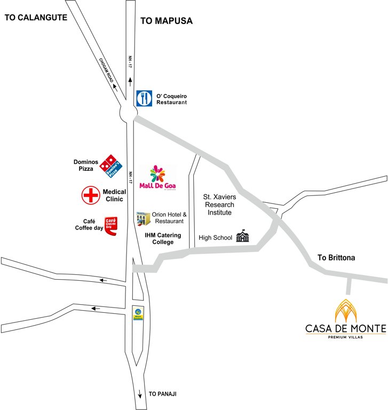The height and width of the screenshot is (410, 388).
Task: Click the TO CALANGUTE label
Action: click(36, 17)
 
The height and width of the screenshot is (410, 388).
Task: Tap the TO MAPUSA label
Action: click(166, 21)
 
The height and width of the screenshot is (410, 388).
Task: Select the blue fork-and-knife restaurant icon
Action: click(144, 98)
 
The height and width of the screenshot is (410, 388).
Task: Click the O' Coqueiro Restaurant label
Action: click(171, 98)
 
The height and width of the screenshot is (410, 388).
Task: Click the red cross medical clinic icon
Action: click(91, 195)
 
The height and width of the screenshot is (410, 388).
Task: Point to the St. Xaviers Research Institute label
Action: click(220, 204)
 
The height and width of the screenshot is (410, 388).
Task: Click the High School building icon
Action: click(243, 236)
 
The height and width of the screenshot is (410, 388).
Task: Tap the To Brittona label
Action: click(336, 257)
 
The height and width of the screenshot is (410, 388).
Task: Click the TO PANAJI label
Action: click(162, 394)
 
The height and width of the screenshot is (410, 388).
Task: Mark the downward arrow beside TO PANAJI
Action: click(140, 395)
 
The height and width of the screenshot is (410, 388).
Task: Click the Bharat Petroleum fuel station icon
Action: click(138, 313)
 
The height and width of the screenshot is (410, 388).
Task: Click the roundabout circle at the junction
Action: click(128, 113)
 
